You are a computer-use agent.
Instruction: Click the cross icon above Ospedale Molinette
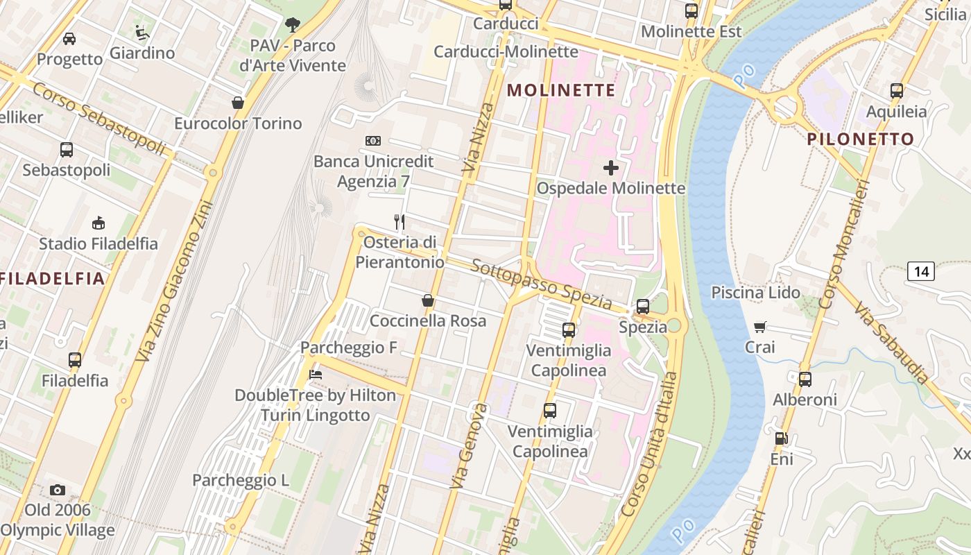(x=611, y=168)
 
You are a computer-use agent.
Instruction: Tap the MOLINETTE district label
(x=562, y=90)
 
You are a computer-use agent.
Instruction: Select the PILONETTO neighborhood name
(x=861, y=139)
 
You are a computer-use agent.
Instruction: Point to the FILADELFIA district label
(x=53, y=279)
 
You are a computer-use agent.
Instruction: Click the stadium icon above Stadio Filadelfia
(x=98, y=223)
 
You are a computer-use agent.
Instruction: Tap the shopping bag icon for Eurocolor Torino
(x=238, y=103)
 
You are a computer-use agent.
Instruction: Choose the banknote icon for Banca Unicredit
(x=373, y=141)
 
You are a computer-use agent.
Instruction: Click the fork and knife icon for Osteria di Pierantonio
(x=399, y=222)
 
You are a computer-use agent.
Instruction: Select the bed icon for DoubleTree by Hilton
(x=316, y=375)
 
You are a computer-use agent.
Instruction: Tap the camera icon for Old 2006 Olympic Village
(x=58, y=490)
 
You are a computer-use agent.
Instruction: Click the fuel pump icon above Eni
(x=781, y=438)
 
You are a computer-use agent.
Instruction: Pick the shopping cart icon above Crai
(x=760, y=327)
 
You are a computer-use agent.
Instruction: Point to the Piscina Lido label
(x=755, y=293)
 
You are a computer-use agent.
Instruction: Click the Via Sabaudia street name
(x=891, y=343)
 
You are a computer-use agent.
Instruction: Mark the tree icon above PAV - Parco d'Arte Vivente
(x=293, y=26)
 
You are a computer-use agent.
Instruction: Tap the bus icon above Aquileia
(x=897, y=91)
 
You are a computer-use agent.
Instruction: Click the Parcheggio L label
(x=241, y=480)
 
